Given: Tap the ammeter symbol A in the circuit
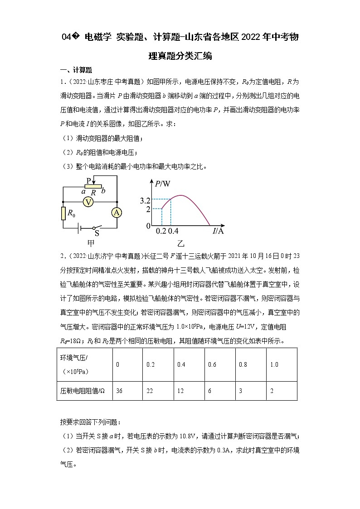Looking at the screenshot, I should [x=117, y=213].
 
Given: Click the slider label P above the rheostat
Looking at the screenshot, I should [x=89, y=180].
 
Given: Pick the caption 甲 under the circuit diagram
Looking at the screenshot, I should [x=90, y=242].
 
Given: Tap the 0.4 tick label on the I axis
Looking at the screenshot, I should [x=173, y=232].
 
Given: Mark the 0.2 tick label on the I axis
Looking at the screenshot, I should [x=161, y=232].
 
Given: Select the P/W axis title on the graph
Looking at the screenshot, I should [x=162, y=184].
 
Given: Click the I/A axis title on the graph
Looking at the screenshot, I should [x=218, y=232].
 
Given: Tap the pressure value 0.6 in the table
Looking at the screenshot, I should [x=212, y=364].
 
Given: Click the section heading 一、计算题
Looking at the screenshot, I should [x=76, y=70].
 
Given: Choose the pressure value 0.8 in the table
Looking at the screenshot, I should [x=243, y=364].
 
